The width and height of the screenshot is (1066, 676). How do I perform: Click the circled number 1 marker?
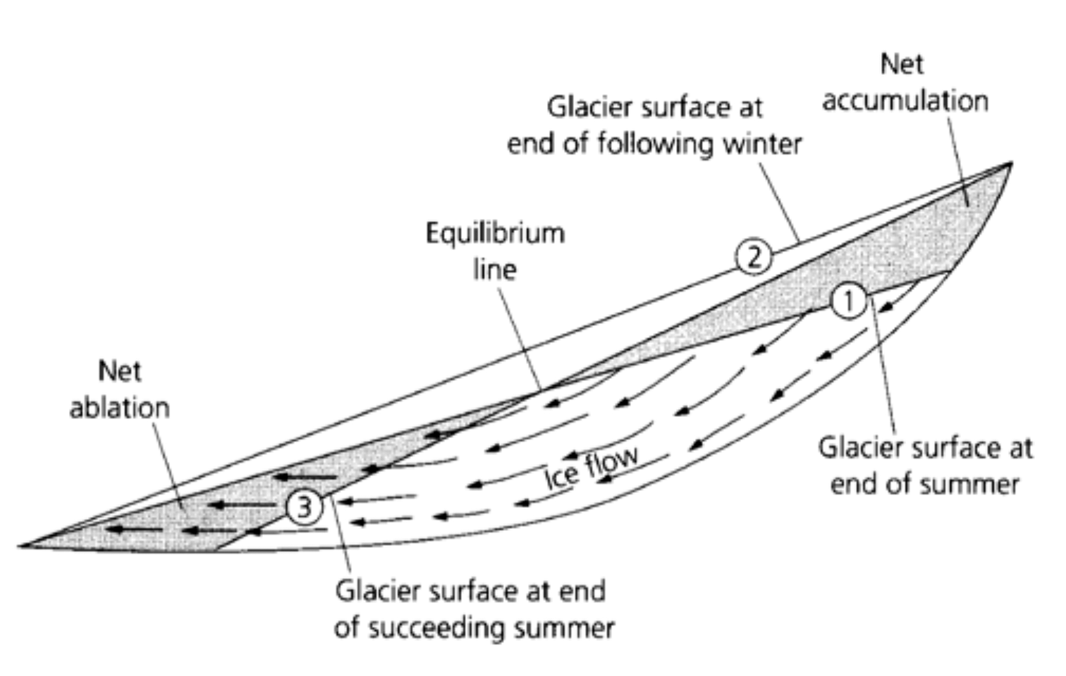point(848,301)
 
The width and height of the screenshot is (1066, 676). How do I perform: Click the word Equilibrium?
point(495,234)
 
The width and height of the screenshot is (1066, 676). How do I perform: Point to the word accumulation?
point(905,101)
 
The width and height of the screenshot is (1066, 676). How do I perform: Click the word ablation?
point(120,408)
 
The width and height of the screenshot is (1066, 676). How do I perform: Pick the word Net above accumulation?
point(902,64)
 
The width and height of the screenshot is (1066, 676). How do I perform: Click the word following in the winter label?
point(656,145)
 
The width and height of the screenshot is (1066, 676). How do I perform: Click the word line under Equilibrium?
point(495,269)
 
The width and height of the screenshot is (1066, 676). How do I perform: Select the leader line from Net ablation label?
point(169,464)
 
